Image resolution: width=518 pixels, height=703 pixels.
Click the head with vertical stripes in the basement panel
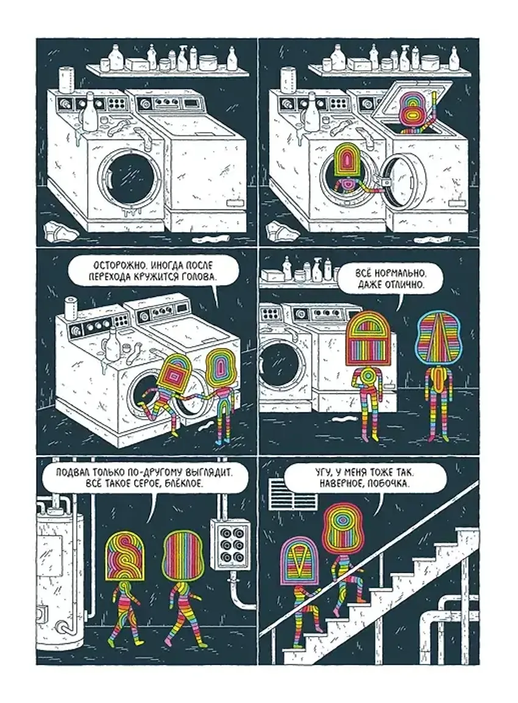(182, 554)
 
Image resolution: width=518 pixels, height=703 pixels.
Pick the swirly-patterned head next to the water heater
(124, 554)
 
